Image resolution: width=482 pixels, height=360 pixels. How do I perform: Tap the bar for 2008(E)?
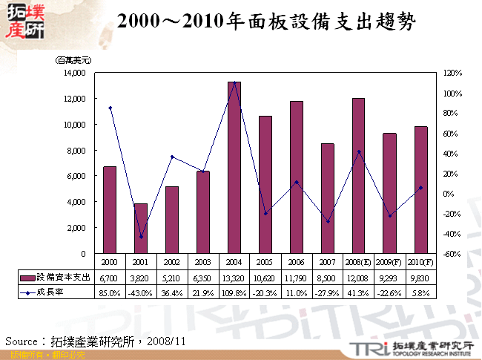tap(359, 176)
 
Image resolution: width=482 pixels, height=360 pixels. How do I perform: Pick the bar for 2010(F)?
tap(421, 190)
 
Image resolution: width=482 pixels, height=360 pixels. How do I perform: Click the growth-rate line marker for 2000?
tap(110, 108)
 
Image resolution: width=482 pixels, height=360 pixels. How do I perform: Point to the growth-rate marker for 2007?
tap(328, 221)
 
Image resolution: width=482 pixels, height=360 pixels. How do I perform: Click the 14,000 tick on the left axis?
tap(74, 73)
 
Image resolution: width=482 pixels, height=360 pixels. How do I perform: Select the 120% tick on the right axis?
tap(452, 73)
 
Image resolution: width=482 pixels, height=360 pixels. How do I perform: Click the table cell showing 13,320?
tap(234, 277)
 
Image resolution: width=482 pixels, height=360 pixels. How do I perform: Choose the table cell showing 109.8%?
tap(234, 292)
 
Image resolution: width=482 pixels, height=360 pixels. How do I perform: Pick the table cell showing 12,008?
tap(359, 277)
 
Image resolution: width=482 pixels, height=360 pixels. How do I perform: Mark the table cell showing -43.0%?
tap(141, 292)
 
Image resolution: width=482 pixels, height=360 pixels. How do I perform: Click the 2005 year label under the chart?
tap(265, 262)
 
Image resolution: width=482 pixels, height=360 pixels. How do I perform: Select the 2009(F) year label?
tap(390, 262)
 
